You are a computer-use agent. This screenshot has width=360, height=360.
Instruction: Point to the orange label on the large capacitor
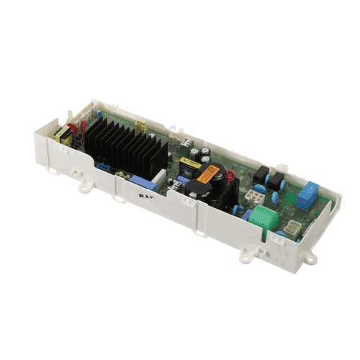click(211, 174)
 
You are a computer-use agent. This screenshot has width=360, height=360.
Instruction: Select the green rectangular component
click(266, 217)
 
